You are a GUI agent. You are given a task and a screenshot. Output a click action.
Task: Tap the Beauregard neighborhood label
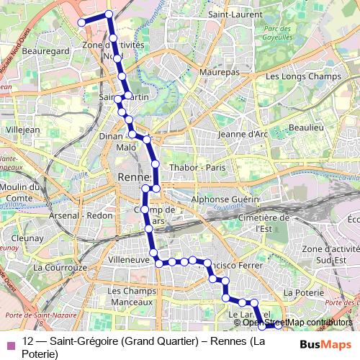point(45,52)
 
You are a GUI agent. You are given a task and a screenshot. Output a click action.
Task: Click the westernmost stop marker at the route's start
point(81,22)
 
